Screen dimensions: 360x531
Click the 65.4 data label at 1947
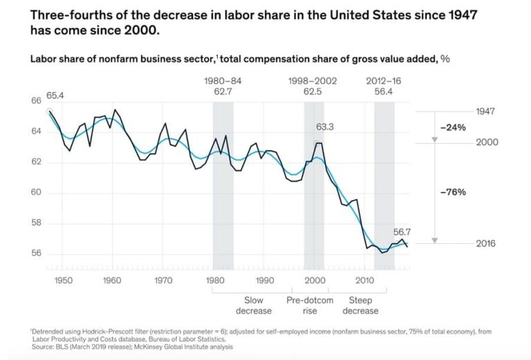pos(55,95)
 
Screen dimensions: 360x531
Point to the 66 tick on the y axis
pos(36,101)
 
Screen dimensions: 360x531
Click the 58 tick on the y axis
pos(36,223)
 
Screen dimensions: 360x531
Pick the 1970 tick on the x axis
pos(163,281)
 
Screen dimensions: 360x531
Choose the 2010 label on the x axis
pos(364,281)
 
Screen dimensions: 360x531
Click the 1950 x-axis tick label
pos(63,281)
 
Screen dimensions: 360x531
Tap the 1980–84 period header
pos(223,81)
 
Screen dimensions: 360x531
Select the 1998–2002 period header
pos(313,81)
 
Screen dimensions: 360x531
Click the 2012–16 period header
pos(384,81)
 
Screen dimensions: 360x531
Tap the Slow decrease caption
pos(258,305)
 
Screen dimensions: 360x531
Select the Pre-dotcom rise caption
pos(310,305)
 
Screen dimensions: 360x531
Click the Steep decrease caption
pos(364,305)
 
